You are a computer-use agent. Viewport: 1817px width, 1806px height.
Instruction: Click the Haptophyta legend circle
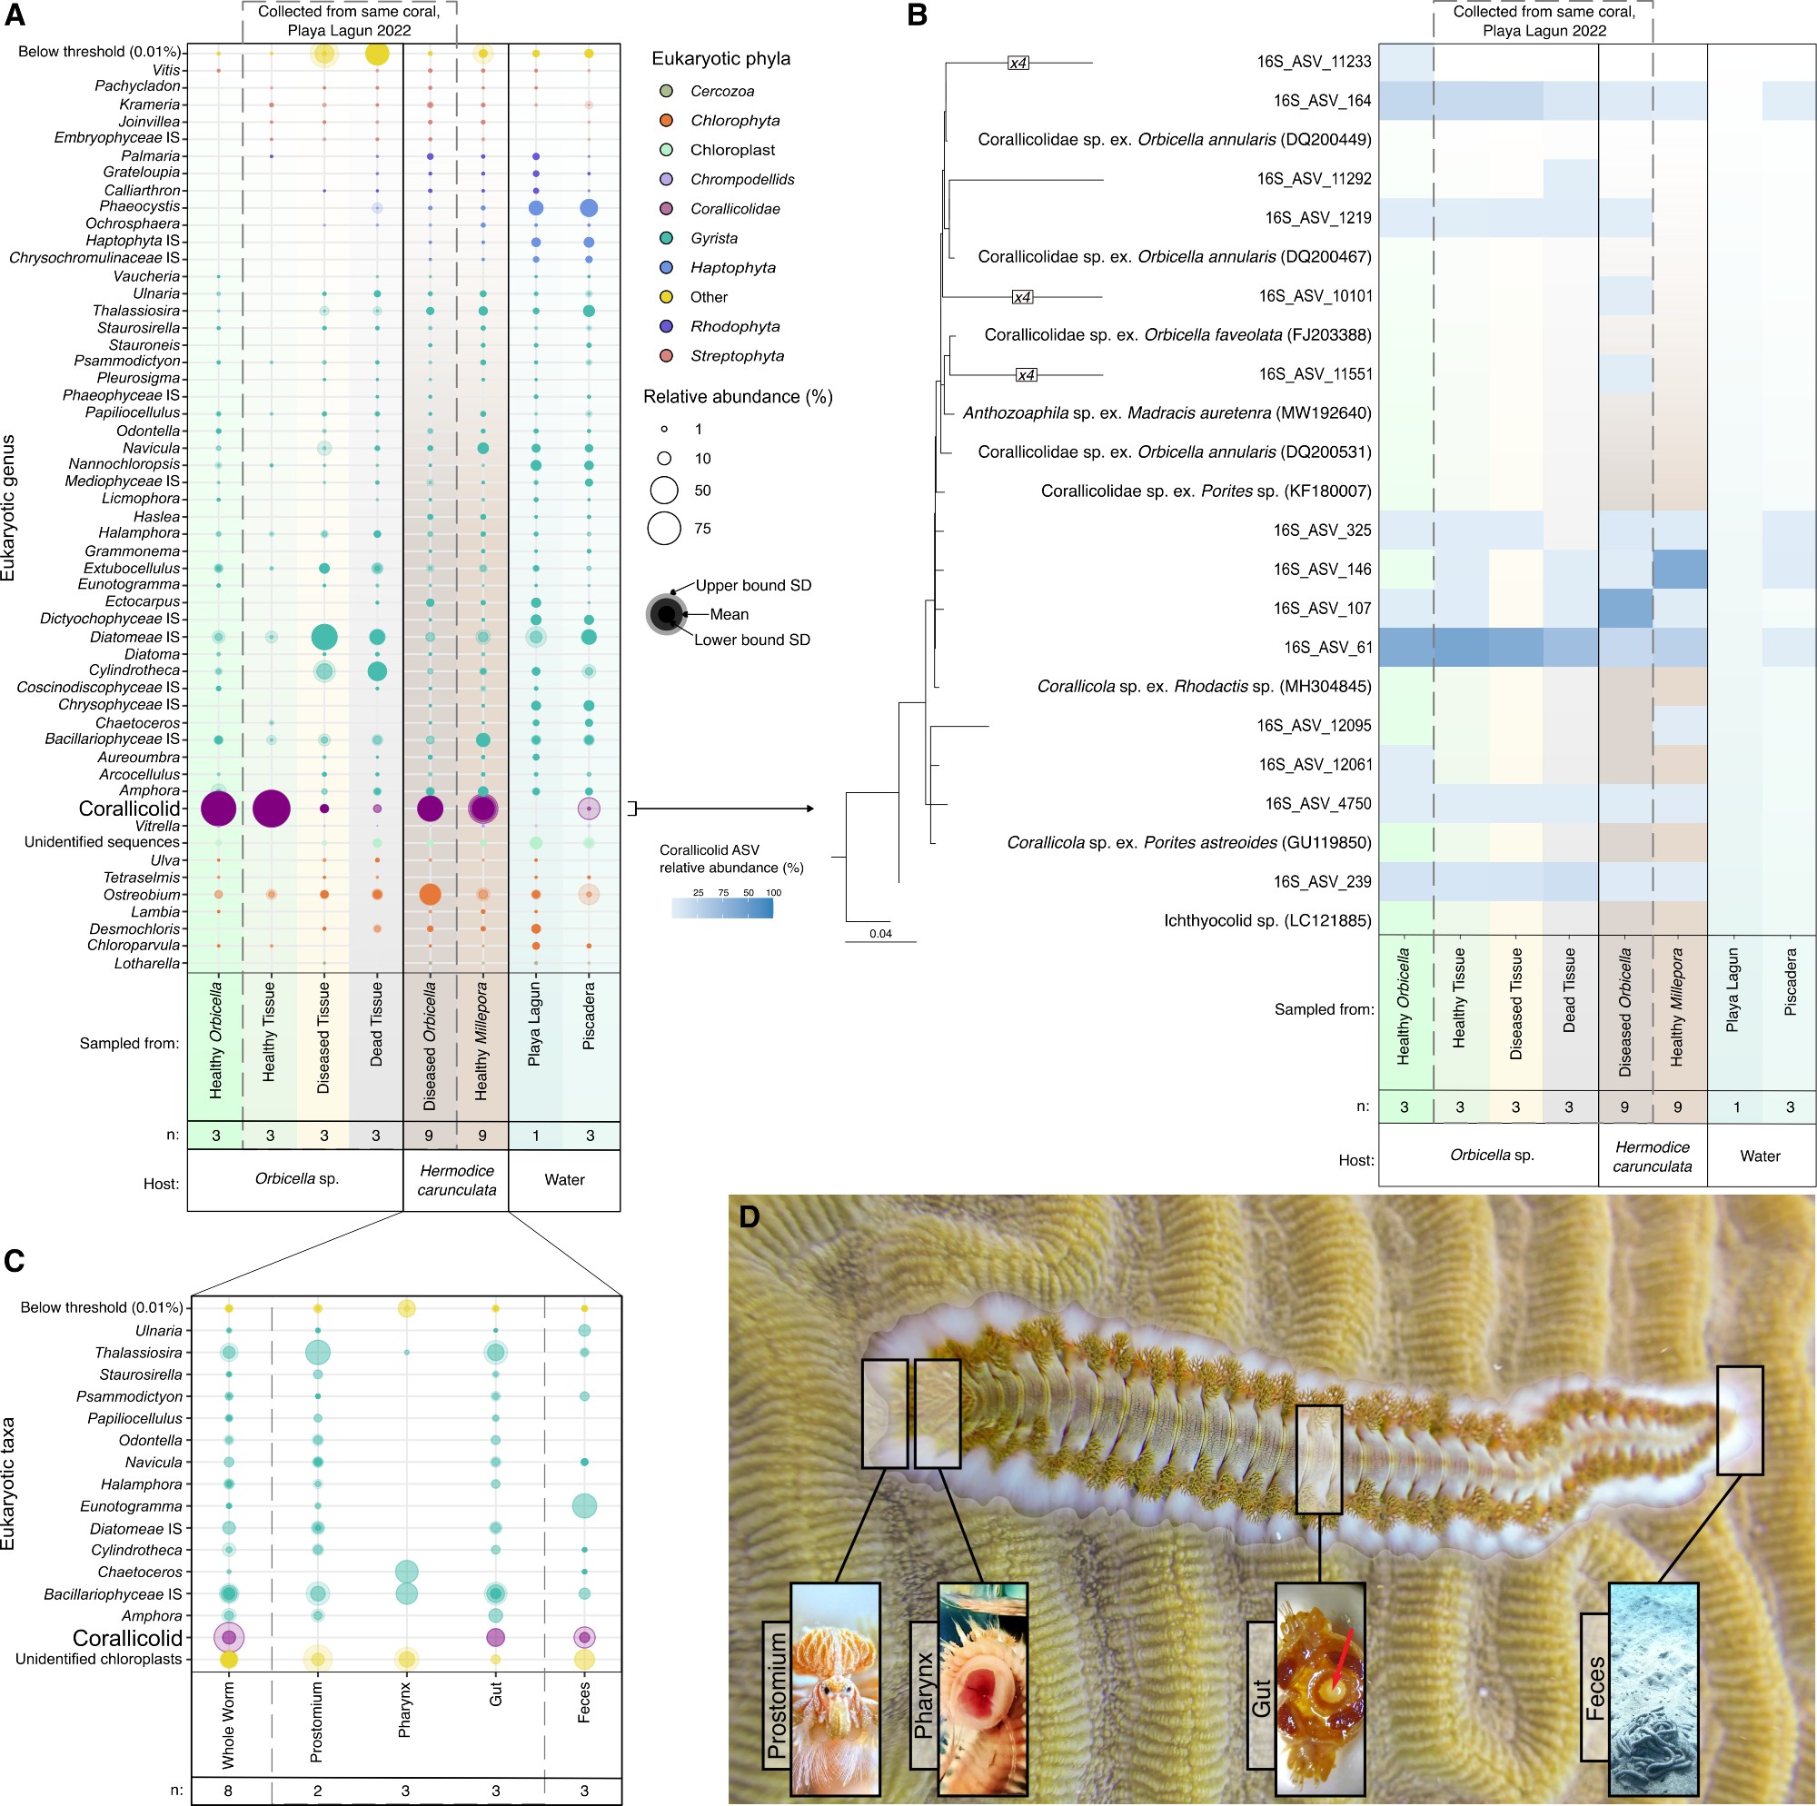point(666,268)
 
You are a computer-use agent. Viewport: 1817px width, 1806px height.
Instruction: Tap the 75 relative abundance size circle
point(664,529)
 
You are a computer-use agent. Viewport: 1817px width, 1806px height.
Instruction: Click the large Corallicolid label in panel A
point(129,809)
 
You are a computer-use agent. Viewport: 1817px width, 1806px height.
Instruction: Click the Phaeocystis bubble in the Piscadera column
point(589,208)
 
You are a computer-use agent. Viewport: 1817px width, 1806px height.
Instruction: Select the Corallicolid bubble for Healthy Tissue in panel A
point(271,808)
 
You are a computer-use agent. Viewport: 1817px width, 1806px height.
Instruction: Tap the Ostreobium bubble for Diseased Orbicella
point(430,895)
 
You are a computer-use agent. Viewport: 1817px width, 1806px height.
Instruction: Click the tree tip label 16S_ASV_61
point(1328,647)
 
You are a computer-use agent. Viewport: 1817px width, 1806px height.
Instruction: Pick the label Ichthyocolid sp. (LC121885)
point(1266,921)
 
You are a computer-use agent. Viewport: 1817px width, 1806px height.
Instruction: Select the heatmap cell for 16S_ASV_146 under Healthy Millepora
point(1680,569)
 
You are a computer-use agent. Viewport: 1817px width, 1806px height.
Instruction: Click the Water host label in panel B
point(1760,1156)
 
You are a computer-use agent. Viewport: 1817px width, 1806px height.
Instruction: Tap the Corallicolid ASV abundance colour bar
point(722,908)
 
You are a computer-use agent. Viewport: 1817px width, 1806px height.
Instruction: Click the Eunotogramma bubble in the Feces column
point(584,1506)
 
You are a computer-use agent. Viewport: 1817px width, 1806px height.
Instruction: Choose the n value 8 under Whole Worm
point(229,1791)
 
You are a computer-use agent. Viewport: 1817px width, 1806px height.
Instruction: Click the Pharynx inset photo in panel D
point(982,1689)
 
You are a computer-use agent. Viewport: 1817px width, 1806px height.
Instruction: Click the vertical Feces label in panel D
point(1594,1688)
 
